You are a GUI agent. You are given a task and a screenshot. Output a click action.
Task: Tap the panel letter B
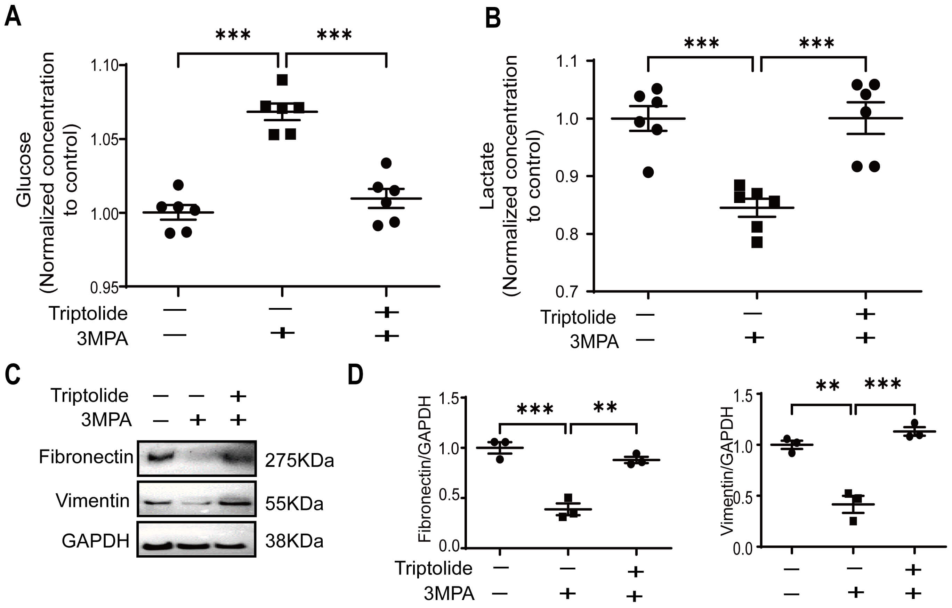tap(493, 18)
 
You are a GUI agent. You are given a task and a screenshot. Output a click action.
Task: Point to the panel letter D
tap(355, 374)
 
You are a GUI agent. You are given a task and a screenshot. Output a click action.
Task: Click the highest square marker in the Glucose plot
tap(282, 80)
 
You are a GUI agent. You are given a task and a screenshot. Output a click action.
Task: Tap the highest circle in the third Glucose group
tap(386, 163)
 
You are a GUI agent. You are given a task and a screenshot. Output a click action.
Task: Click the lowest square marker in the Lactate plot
tap(757, 242)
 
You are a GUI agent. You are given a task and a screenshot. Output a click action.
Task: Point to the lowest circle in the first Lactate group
tap(648, 172)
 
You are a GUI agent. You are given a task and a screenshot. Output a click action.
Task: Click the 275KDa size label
tap(299, 460)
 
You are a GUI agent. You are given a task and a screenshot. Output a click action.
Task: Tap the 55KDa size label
tap(294, 504)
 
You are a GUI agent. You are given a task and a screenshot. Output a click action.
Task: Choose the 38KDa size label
tap(294, 541)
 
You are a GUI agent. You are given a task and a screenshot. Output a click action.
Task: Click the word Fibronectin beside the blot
tap(86, 457)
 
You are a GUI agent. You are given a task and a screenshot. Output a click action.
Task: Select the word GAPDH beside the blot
tap(95, 541)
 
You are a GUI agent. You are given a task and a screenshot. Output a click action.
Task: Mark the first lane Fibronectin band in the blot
tap(161, 457)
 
